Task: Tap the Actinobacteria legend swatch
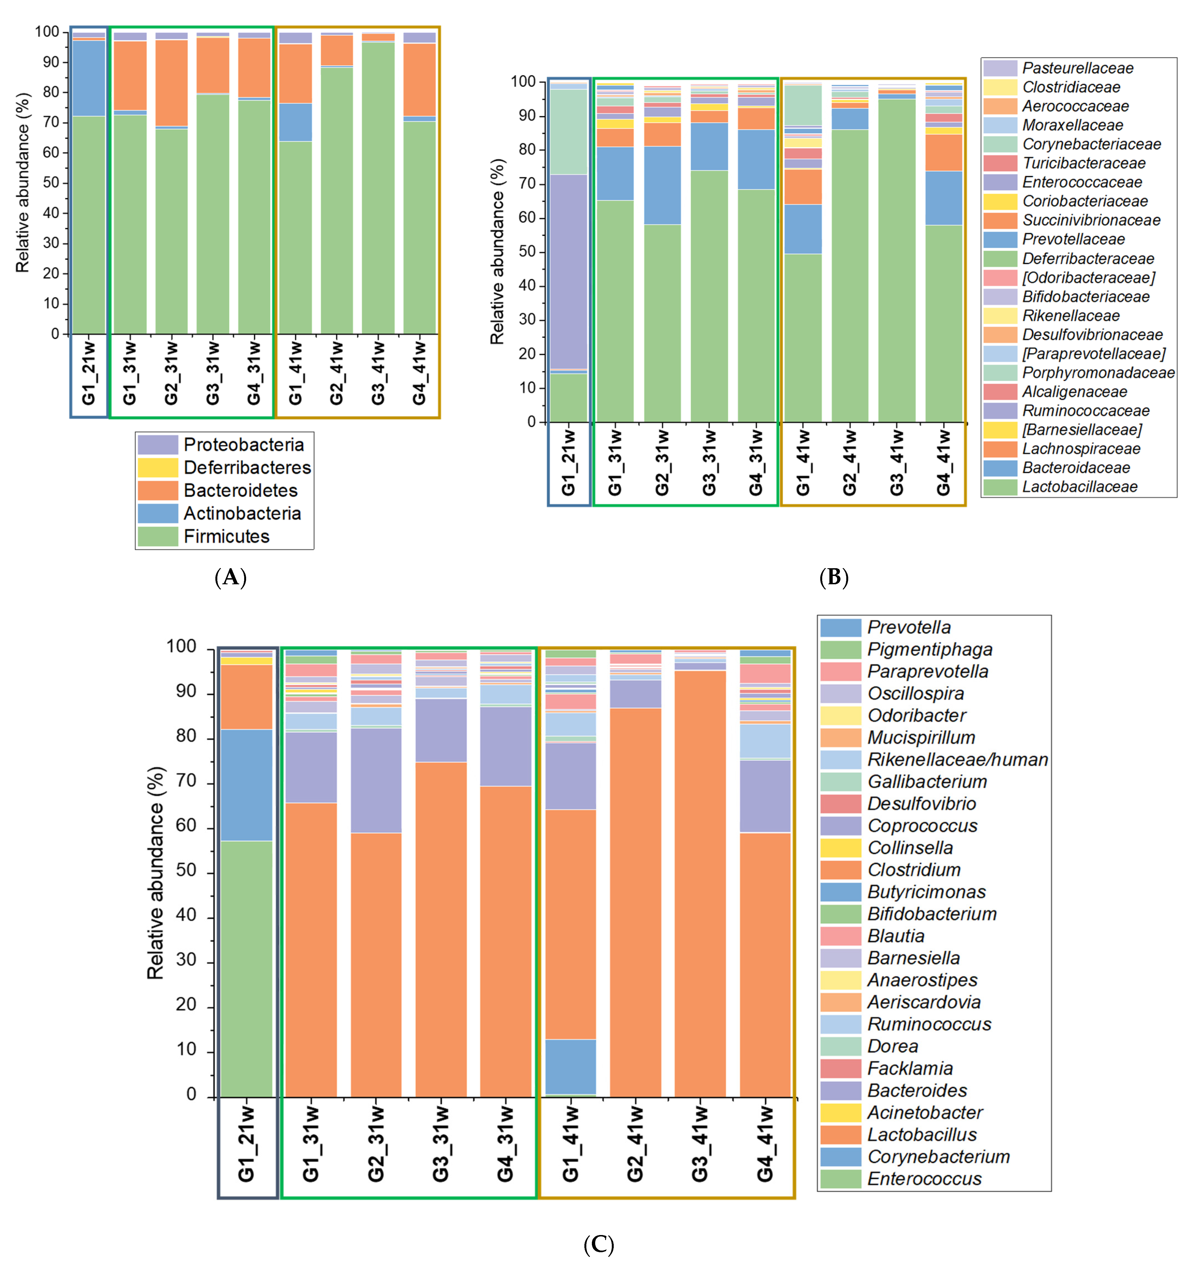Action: [x=158, y=513]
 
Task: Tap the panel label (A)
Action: [x=231, y=578]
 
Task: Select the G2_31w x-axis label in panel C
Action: [x=376, y=1143]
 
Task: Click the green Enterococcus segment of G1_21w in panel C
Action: [x=246, y=968]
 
